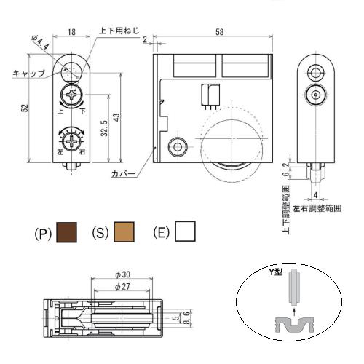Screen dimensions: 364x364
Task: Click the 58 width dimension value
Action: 219,32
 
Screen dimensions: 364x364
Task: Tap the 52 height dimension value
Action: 25,108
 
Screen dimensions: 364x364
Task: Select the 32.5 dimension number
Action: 104,128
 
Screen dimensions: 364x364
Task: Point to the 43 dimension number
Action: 116,117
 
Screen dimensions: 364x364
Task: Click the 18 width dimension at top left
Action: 71,32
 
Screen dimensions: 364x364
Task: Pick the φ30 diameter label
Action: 123,274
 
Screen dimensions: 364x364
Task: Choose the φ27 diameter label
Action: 122,287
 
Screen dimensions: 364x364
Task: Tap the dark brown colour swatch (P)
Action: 66,232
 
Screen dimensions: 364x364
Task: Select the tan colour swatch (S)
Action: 124,232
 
